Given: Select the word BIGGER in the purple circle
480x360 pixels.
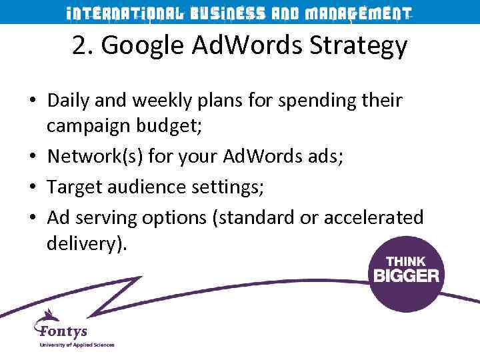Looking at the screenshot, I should pyautogui.click(x=406, y=275).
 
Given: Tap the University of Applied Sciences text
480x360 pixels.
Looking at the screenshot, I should pyautogui.click(x=77, y=345).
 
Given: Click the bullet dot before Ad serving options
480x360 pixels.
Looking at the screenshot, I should pyautogui.click(x=33, y=217).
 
